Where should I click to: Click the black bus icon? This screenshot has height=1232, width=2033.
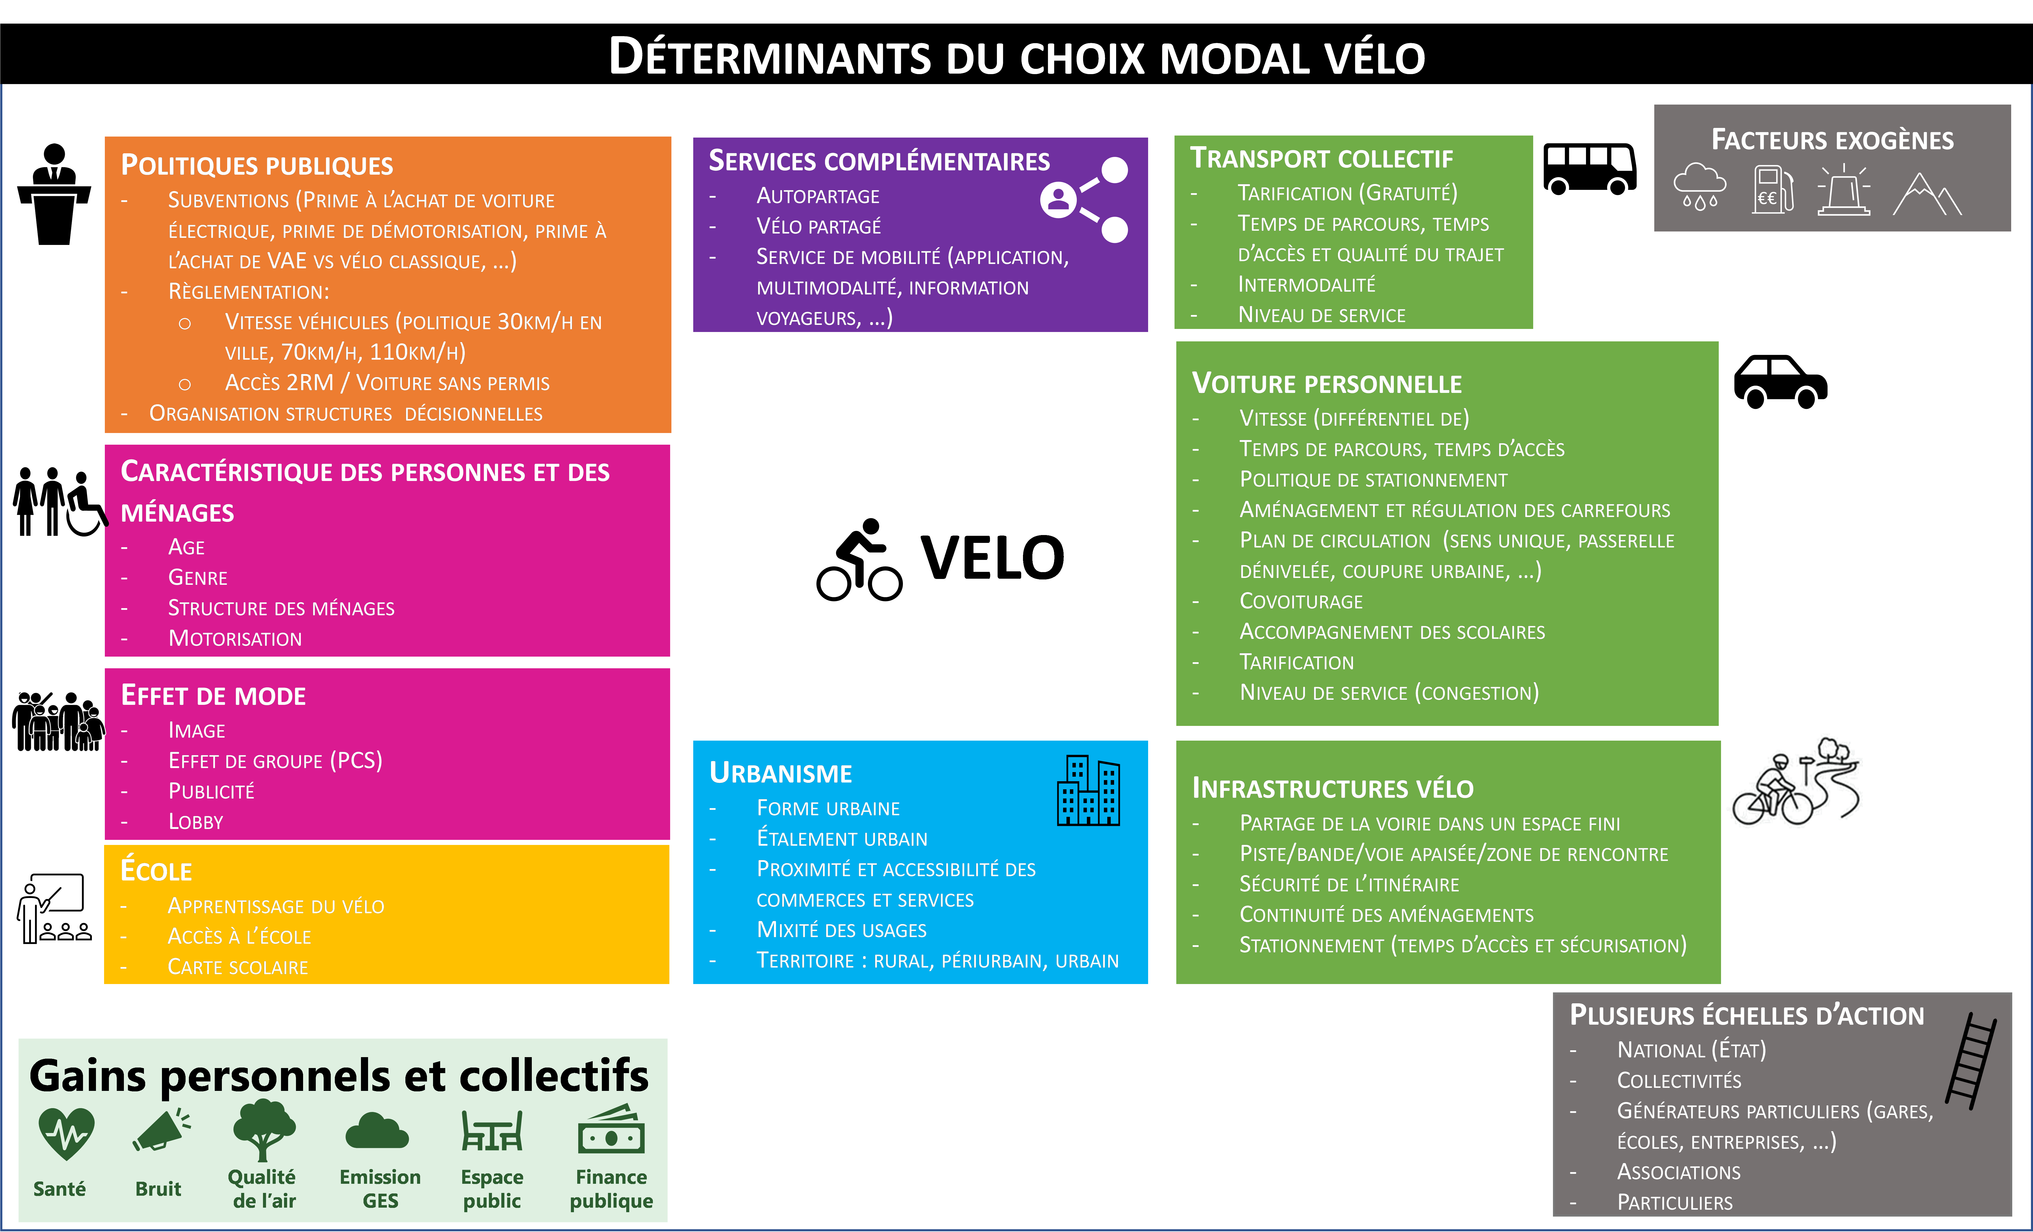click(x=1589, y=169)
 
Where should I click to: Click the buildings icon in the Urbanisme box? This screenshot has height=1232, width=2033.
click(x=1088, y=791)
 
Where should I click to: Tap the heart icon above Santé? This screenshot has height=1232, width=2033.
click(x=66, y=1133)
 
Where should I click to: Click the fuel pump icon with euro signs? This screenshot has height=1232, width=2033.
click(x=1773, y=189)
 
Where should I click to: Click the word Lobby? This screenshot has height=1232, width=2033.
click(x=195, y=822)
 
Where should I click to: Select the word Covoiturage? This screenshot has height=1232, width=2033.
click(x=1301, y=602)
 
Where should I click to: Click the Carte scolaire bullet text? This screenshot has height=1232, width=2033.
click(x=238, y=967)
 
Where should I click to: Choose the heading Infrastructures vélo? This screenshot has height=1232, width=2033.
click(x=1332, y=789)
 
